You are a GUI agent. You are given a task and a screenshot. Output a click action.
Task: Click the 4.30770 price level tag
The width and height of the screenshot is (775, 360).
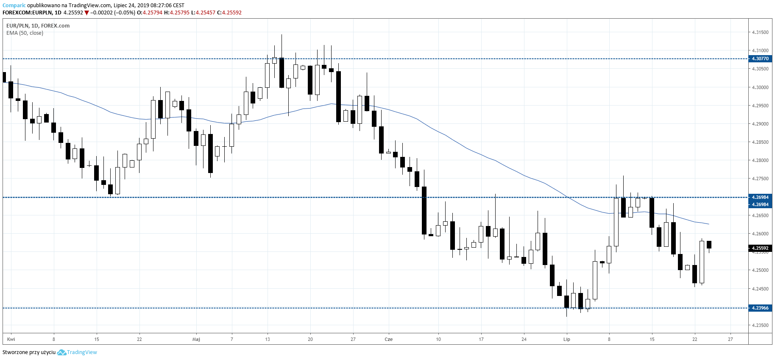tap(760, 59)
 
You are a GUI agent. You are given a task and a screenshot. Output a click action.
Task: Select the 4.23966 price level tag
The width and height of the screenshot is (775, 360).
tap(760, 308)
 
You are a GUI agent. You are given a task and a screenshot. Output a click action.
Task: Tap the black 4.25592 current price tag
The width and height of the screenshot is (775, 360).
tap(760, 248)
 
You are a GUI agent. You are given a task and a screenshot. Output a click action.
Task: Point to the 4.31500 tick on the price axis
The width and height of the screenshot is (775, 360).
tap(760, 32)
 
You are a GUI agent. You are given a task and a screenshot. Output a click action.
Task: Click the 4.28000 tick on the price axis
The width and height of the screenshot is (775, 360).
tap(760, 160)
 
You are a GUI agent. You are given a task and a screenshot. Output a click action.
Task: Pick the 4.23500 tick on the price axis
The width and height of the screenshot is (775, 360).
tap(760, 325)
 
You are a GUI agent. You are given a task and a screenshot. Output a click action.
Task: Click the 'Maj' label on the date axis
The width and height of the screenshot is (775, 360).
tap(196, 339)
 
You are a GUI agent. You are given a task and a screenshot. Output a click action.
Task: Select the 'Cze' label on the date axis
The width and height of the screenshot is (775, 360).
tap(388, 339)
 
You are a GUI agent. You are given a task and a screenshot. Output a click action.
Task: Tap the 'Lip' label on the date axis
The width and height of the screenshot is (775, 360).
tap(566, 339)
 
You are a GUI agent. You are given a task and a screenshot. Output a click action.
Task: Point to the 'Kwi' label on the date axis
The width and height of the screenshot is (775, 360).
tap(11, 339)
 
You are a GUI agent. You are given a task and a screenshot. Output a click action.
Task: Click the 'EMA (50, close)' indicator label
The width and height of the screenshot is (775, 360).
tap(25, 33)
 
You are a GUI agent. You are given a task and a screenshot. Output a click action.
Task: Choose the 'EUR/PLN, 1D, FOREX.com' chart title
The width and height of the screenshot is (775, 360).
tap(38, 26)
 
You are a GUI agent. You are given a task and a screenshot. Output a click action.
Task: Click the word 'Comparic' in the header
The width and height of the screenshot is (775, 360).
tap(14, 6)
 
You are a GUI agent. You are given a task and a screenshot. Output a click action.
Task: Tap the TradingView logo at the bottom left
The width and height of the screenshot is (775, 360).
tap(77, 352)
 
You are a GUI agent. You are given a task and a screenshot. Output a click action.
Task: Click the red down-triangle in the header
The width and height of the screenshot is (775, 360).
tap(87, 13)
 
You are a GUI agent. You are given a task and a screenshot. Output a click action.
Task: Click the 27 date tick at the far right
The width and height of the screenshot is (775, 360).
tap(730, 339)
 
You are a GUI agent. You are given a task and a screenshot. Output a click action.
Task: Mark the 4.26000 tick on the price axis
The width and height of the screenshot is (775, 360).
tap(760, 234)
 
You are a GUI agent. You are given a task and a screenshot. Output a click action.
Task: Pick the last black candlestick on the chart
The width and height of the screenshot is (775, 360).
tap(709, 245)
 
